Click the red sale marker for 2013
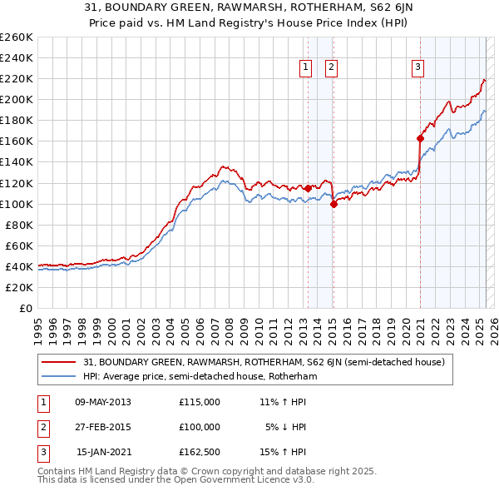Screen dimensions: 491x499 coord(308,188)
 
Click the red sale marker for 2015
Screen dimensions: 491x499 coord(333,203)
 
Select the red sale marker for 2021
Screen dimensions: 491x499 coord(420,138)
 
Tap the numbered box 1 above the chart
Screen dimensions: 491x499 coord(305,68)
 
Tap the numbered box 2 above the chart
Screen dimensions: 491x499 coord(331,68)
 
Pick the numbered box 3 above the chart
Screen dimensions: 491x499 coord(417,68)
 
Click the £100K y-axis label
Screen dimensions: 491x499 coord(17,204)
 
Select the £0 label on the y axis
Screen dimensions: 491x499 coord(27,309)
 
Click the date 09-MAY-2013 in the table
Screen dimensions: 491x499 coord(103,402)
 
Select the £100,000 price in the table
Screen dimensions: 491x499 coord(200,427)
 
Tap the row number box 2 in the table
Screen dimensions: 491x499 coord(42,427)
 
